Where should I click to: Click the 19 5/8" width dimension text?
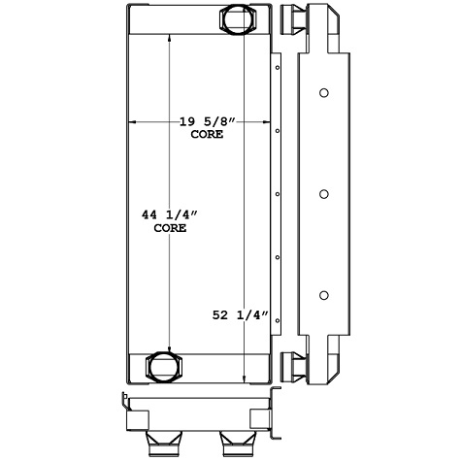coord(208,121)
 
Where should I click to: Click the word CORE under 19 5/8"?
coord(208,135)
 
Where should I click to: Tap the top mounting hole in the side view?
coord(324,94)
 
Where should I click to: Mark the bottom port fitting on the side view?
coord(289,367)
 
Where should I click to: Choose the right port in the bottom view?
coord(237,445)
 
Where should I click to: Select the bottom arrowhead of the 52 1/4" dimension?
coord(244,381)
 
